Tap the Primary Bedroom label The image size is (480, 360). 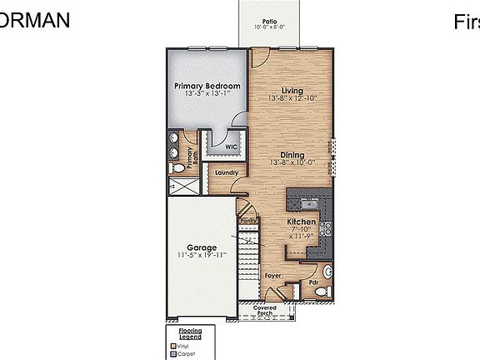point(207,86)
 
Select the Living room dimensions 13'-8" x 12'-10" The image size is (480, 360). point(292,98)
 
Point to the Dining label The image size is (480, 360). point(292,154)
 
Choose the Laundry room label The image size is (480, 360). point(227,172)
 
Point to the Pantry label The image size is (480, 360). point(248,221)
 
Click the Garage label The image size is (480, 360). point(201,247)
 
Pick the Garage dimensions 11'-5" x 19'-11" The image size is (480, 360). point(201,255)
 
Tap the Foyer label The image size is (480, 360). point(272,274)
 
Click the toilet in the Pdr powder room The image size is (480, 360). point(327,272)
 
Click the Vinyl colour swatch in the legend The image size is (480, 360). point(172,345)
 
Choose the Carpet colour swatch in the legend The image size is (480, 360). point(172,352)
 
